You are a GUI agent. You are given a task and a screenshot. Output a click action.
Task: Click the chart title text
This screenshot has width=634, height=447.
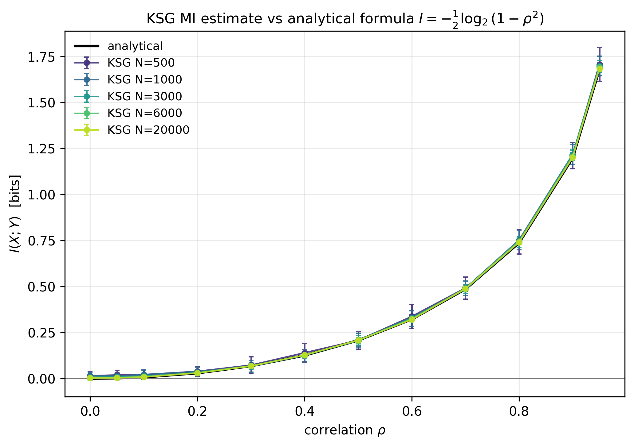345,19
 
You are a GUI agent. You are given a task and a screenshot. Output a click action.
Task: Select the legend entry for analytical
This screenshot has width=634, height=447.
135,46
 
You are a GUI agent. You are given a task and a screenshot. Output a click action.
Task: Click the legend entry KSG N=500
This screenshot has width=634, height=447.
141,63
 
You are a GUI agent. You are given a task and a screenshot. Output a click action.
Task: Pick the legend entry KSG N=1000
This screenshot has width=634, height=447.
144,80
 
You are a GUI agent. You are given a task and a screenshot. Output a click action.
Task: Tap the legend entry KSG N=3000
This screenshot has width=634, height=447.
144,97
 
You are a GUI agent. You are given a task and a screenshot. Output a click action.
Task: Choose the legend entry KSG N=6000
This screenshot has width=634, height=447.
144,113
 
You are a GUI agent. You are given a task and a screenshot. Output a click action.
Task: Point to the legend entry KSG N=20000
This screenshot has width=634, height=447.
148,130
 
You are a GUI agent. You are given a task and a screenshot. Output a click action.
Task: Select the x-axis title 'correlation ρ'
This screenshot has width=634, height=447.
345,431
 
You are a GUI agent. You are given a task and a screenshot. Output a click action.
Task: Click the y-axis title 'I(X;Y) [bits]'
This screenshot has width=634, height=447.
15,214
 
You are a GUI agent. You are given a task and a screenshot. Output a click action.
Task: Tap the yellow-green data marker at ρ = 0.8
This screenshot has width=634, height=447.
519,243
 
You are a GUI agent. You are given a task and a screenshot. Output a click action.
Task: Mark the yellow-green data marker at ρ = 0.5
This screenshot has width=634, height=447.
358,341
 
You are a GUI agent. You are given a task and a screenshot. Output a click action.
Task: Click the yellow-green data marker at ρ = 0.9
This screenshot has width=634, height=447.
573,157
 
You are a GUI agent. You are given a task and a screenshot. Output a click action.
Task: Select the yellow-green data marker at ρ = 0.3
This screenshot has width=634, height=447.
251,366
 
